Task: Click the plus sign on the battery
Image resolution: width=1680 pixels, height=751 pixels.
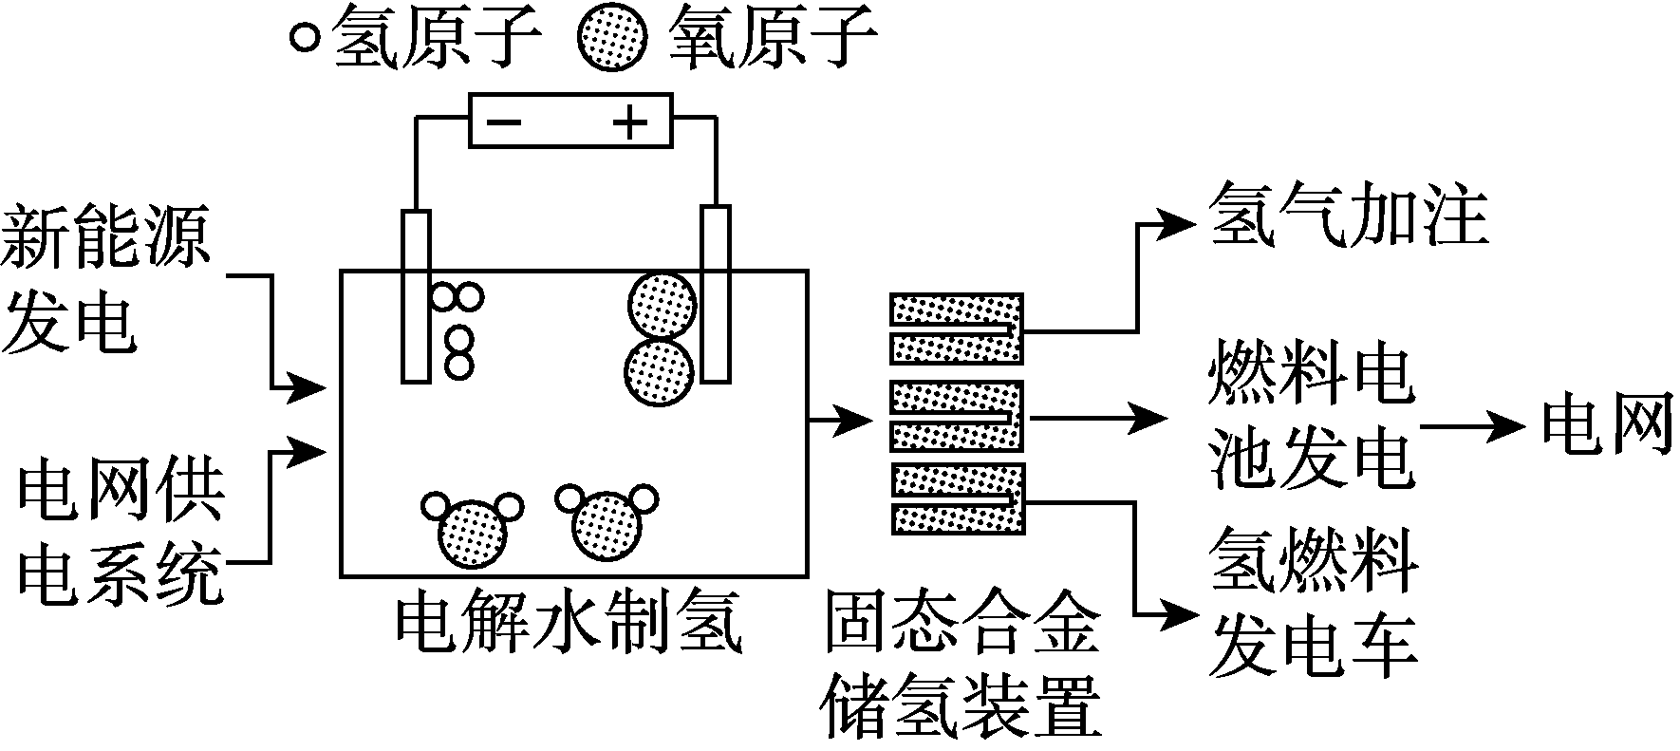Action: (x=630, y=122)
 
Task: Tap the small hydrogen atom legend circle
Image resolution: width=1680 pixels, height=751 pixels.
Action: (x=304, y=39)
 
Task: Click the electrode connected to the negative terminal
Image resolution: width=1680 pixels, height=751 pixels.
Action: (x=415, y=294)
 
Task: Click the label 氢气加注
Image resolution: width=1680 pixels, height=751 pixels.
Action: (x=1348, y=218)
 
